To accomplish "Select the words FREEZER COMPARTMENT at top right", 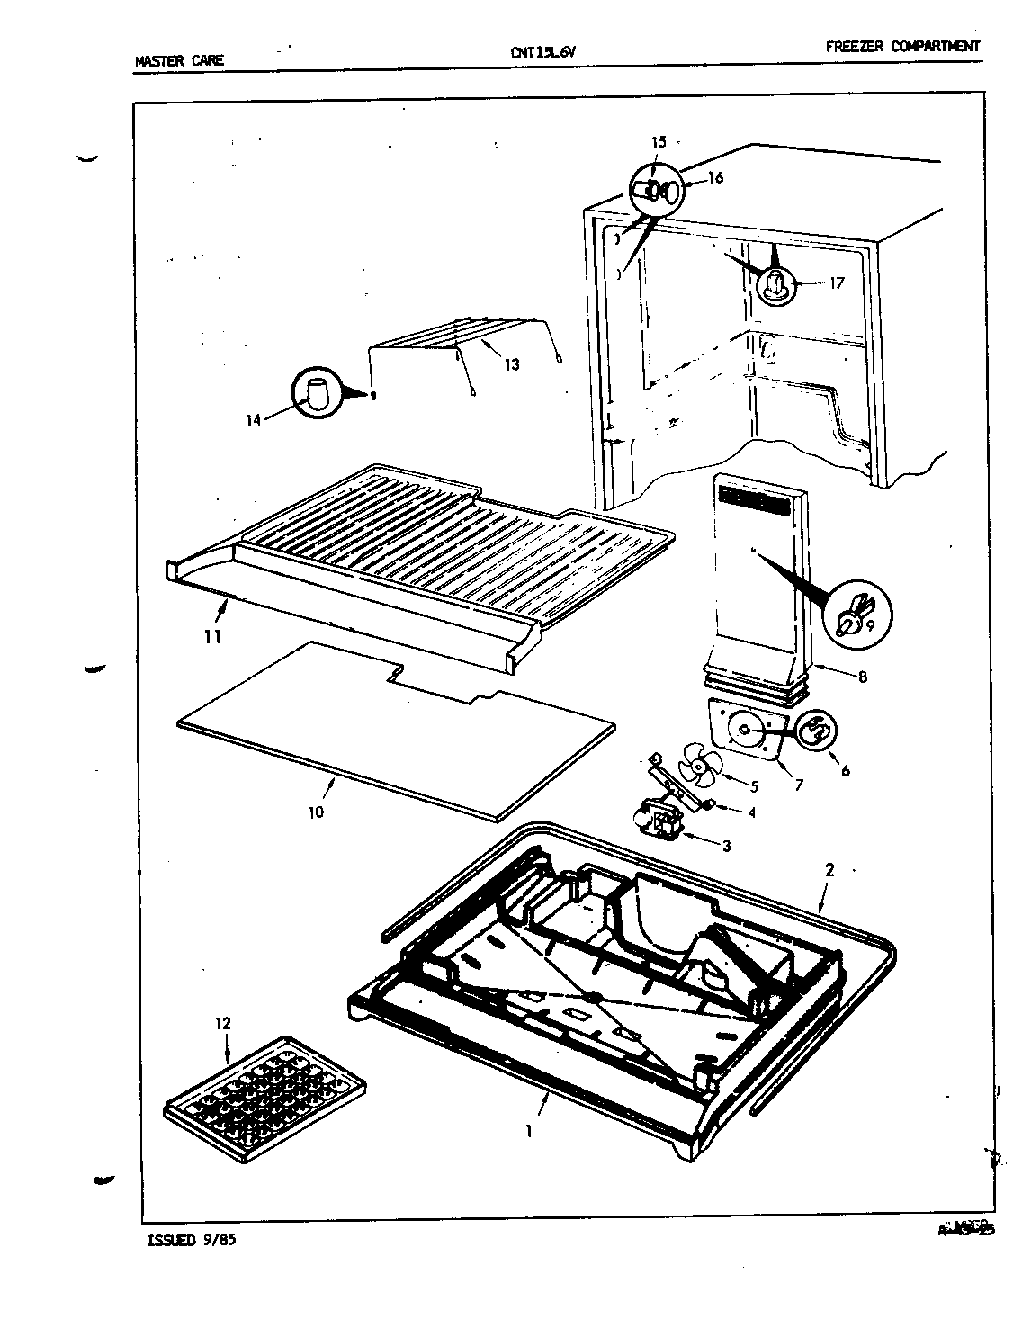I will (902, 47).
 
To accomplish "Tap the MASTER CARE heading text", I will (179, 61).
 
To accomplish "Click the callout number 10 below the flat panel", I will (316, 812).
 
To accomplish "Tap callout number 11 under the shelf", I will (212, 637).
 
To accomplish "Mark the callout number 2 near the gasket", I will (829, 870).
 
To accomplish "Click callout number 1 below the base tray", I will (529, 1131).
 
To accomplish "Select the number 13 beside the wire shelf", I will (511, 365).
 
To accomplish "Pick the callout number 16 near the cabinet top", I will (715, 178).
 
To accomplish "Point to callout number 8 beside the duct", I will (862, 677).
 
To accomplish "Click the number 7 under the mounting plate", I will (799, 785).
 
